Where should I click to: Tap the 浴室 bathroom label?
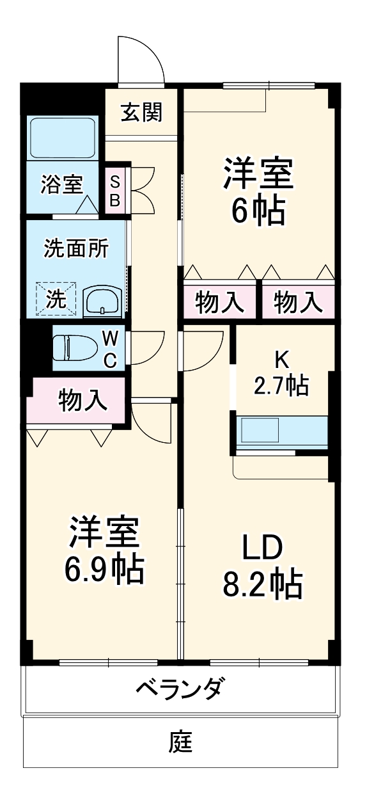[61, 184]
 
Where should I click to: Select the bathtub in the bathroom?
[62, 138]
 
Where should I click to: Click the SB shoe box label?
[114, 190]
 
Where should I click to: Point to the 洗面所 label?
[75, 248]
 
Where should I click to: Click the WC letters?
[109, 349]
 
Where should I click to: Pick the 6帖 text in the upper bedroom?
[258, 211]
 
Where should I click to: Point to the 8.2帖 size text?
[262, 583]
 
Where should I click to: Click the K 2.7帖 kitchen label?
[281, 374]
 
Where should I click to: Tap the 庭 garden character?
[181, 742]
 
